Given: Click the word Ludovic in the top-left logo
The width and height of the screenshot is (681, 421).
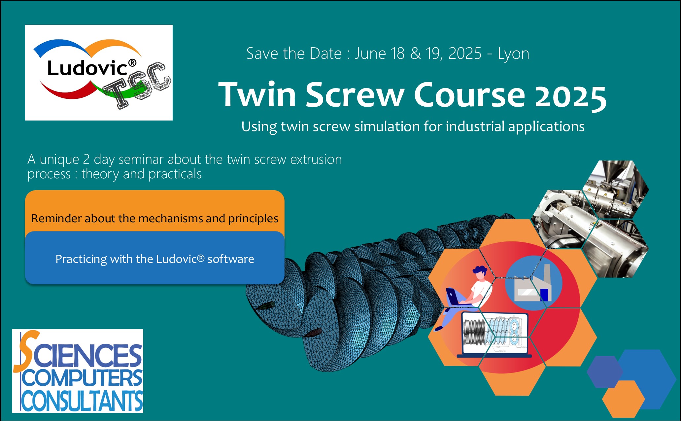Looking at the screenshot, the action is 87,68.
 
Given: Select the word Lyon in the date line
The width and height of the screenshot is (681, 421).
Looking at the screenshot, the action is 513,54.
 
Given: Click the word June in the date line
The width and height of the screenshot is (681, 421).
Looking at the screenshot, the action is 370,53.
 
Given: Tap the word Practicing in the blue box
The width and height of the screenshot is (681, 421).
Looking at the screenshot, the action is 81,260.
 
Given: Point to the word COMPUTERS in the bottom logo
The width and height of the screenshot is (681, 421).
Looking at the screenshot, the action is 82,378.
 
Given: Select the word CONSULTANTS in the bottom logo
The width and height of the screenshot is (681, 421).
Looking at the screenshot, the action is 82,401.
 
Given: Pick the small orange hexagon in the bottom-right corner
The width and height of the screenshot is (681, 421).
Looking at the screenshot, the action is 623,399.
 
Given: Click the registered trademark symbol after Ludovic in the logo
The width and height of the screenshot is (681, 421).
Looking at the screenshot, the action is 132,63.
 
